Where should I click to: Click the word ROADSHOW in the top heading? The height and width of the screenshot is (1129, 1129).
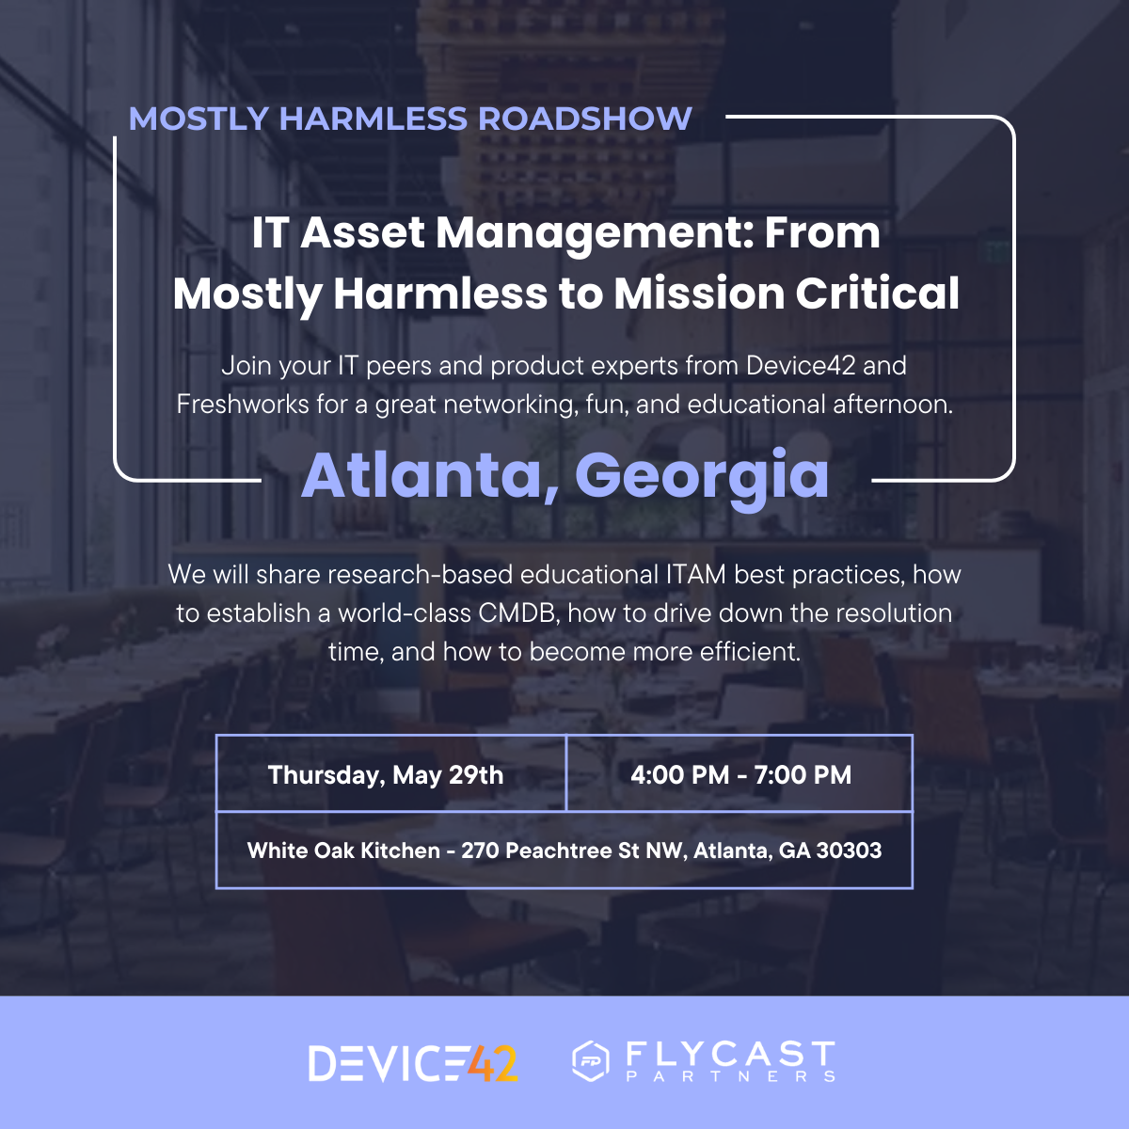[584, 119]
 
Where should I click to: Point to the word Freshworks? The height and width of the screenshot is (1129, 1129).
[243, 405]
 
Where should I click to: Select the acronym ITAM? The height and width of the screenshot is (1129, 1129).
[696, 574]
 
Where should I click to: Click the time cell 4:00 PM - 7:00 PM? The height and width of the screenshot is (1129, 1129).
[740, 774]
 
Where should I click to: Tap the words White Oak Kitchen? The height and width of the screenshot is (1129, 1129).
[343, 851]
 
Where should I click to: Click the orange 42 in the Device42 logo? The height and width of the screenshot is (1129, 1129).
[493, 1063]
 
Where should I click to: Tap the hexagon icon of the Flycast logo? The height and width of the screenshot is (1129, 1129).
[591, 1061]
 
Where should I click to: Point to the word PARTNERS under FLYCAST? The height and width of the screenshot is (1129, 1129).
[731, 1076]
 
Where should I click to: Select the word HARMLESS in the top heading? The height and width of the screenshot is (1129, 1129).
[374, 119]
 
